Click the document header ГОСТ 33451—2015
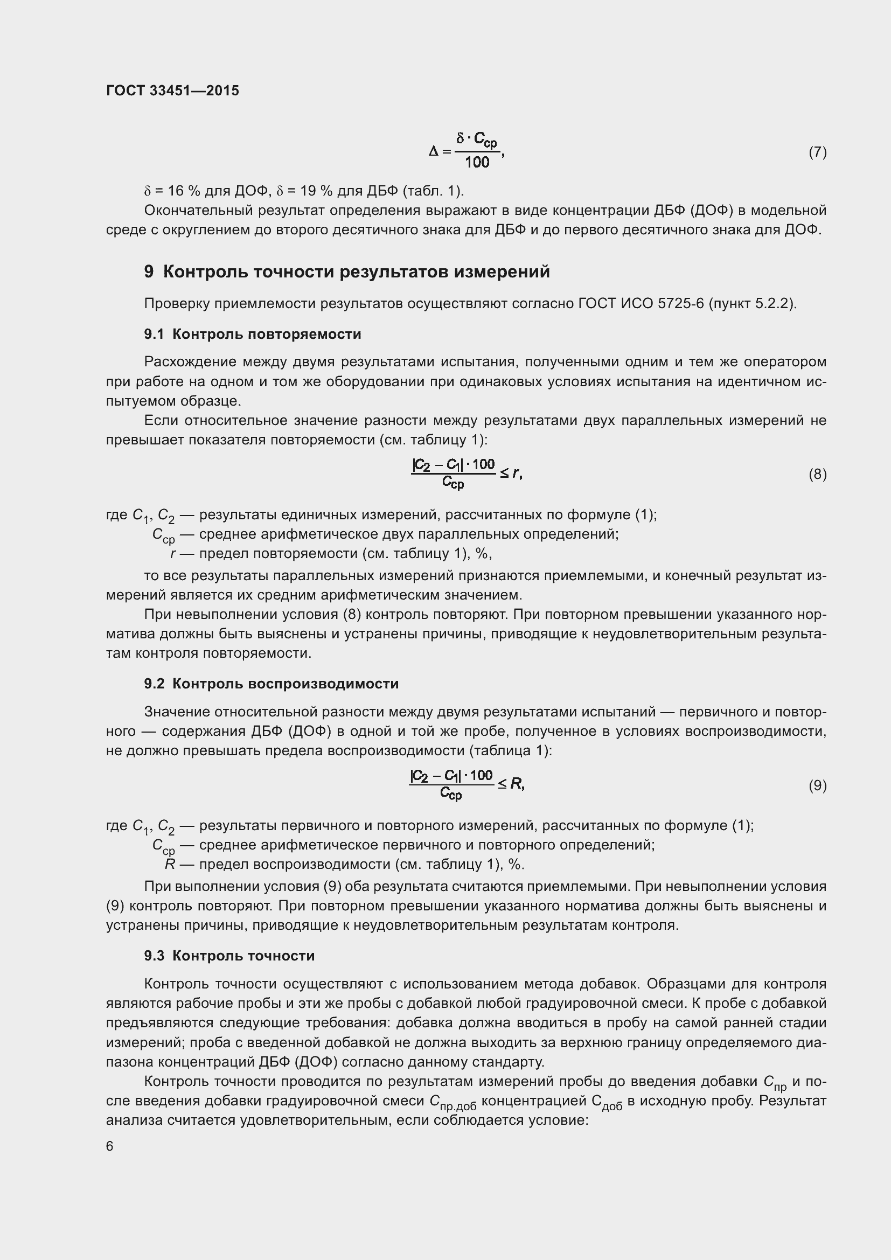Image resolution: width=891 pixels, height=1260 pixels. (x=172, y=91)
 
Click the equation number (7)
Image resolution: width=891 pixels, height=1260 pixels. (x=817, y=152)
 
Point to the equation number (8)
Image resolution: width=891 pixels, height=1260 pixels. (x=817, y=474)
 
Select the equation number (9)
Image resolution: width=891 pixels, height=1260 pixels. (x=817, y=785)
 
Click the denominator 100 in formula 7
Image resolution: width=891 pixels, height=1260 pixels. (x=477, y=162)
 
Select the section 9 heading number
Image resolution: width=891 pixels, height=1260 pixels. (x=149, y=272)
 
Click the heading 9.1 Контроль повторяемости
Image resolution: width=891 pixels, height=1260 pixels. (x=252, y=334)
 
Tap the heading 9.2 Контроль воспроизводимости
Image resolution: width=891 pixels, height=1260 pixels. (x=271, y=684)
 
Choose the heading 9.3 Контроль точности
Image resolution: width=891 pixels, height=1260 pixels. (x=229, y=956)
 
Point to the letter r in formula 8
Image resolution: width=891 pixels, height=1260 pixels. (x=516, y=473)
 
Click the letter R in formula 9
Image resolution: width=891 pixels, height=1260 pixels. (x=516, y=784)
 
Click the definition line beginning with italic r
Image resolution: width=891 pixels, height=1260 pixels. (x=331, y=554)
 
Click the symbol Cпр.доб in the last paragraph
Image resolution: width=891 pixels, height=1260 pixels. (x=452, y=1102)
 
